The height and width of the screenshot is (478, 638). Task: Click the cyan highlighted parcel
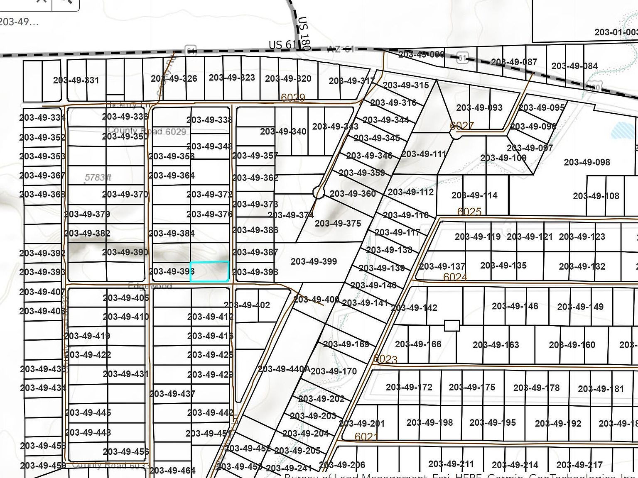pos(209,271)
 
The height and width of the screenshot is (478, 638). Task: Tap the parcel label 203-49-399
pos(314,261)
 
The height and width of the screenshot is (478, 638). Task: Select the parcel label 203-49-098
pos(586,162)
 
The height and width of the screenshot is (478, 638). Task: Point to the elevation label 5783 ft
pos(98,178)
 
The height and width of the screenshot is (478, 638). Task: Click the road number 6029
pos(293,98)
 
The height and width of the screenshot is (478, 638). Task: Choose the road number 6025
pos(469,212)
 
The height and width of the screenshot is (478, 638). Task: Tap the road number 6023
pos(385,359)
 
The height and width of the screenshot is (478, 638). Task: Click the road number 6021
pos(366,437)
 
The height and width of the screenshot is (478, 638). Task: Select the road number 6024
pos(455,277)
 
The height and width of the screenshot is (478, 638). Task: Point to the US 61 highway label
pos(283,44)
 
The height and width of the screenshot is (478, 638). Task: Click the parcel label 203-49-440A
pos(284,369)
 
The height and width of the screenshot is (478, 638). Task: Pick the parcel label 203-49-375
pos(338,223)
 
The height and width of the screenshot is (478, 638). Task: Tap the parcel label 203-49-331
pos(76,80)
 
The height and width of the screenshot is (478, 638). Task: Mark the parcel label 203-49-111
pos(423,154)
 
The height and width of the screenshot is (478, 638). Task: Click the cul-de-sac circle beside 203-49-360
pos(318,192)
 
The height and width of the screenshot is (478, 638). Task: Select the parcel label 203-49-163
pos(496,344)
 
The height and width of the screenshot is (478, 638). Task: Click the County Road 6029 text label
pos(146,131)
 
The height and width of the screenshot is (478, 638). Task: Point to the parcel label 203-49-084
pos(574,66)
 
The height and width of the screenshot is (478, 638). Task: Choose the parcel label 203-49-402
pos(247,305)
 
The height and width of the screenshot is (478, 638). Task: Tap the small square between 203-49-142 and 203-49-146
pos(452,325)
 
